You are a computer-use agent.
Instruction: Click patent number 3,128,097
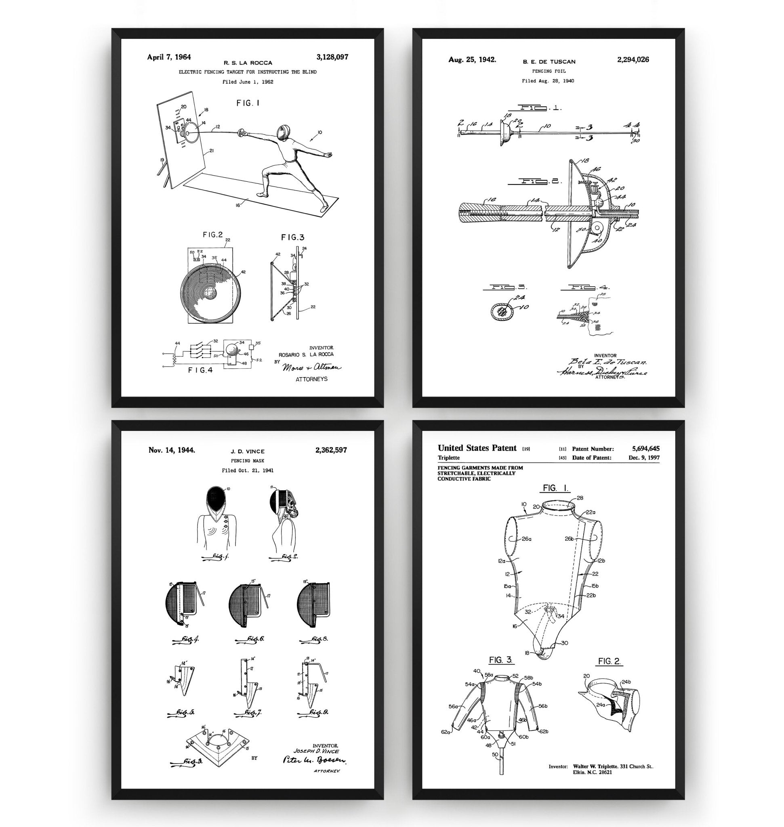[x=332, y=57]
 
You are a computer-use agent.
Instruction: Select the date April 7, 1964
[x=169, y=57]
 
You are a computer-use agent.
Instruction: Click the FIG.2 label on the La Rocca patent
[x=213, y=235]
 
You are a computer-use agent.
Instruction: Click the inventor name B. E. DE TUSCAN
[x=549, y=61]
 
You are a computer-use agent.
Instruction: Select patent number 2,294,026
[x=633, y=60]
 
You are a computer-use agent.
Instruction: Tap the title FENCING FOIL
[x=549, y=71]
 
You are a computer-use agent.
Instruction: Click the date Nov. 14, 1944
[x=171, y=450]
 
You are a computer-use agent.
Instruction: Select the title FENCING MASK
[x=248, y=461]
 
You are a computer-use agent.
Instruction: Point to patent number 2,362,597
[x=331, y=450]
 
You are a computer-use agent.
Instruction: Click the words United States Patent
[x=477, y=448]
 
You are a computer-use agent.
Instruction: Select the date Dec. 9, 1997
[x=643, y=458]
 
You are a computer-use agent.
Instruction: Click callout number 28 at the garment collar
[x=580, y=498]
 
